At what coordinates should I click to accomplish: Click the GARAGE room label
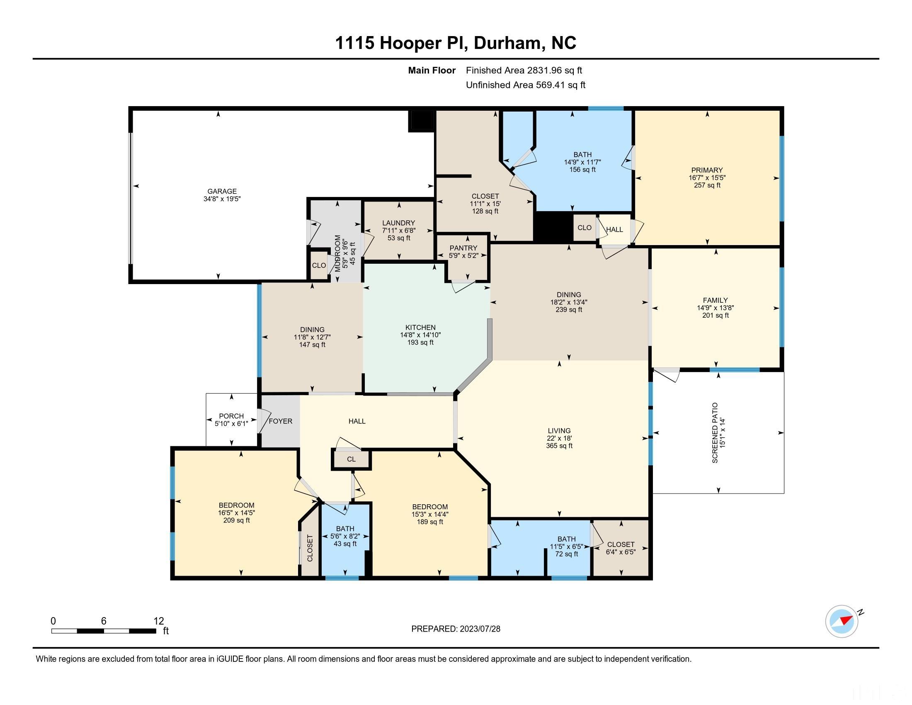(222, 191)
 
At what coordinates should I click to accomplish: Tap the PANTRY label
(463, 248)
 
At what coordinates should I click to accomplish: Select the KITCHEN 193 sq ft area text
(420, 343)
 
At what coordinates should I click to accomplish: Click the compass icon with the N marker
(842, 622)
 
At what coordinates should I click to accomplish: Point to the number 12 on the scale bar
(159, 621)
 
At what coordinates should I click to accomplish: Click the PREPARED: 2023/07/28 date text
(456, 629)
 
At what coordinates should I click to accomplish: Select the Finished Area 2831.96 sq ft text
(524, 70)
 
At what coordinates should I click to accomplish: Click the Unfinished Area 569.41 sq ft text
(525, 85)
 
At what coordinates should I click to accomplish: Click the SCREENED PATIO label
(715, 433)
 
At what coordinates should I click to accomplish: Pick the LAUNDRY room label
(398, 223)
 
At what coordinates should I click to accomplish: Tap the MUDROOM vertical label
(338, 253)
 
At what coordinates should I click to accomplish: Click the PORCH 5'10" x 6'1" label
(231, 420)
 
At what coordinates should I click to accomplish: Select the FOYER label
(280, 421)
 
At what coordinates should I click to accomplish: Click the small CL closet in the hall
(351, 459)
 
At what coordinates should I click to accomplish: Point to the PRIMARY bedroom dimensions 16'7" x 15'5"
(707, 177)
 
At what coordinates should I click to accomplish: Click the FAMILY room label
(715, 300)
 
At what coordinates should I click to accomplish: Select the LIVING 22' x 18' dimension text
(559, 438)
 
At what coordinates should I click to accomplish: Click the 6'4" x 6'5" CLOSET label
(621, 548)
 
